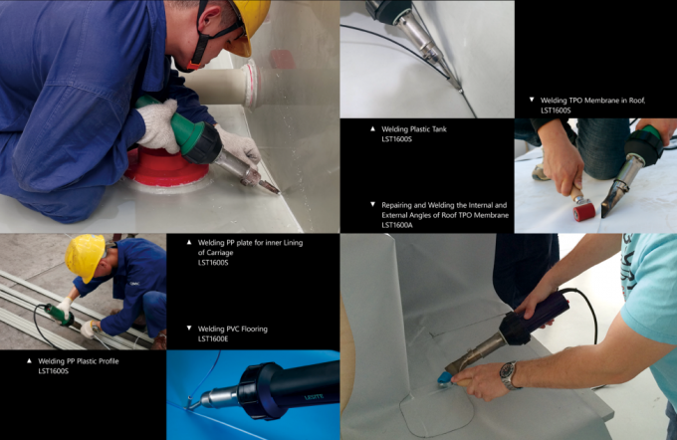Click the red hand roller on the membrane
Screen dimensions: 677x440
(x=584, y=212)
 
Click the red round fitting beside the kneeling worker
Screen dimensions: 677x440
(x=166, y=166)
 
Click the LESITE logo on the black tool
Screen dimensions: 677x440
(x=314, y=397)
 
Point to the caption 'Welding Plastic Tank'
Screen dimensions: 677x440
(x=414, y=128)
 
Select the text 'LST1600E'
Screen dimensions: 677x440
(x=213, y=339)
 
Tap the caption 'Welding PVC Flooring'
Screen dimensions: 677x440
(x=233, y=330)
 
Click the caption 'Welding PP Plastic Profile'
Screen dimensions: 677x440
(x=78, y=361)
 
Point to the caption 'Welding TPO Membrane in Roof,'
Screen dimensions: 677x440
(x=592, y=101)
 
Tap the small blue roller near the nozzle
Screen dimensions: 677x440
(x=444, y=379)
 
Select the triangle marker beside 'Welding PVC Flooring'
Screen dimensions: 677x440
(x=189, y=329)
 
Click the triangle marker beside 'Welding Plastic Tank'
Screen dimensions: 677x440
(x=372, y=128)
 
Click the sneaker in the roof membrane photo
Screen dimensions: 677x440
(x=541, y=172)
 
